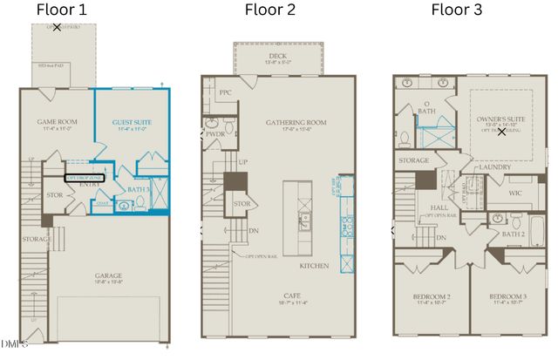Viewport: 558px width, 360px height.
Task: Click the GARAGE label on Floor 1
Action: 109,277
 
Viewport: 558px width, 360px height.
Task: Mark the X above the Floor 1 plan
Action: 58,28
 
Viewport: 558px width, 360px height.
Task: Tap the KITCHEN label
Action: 315,265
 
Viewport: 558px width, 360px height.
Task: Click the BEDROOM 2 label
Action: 431,298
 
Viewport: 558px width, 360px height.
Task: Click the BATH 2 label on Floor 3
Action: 514,234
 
